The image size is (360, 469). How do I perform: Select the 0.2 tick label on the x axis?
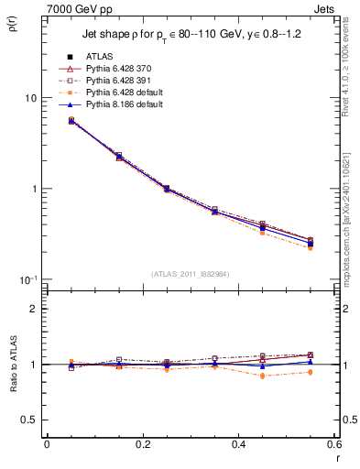pos(142,444)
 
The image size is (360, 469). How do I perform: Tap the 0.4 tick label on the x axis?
pos(238,444)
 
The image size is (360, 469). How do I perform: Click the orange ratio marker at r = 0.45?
pos(238,376)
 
